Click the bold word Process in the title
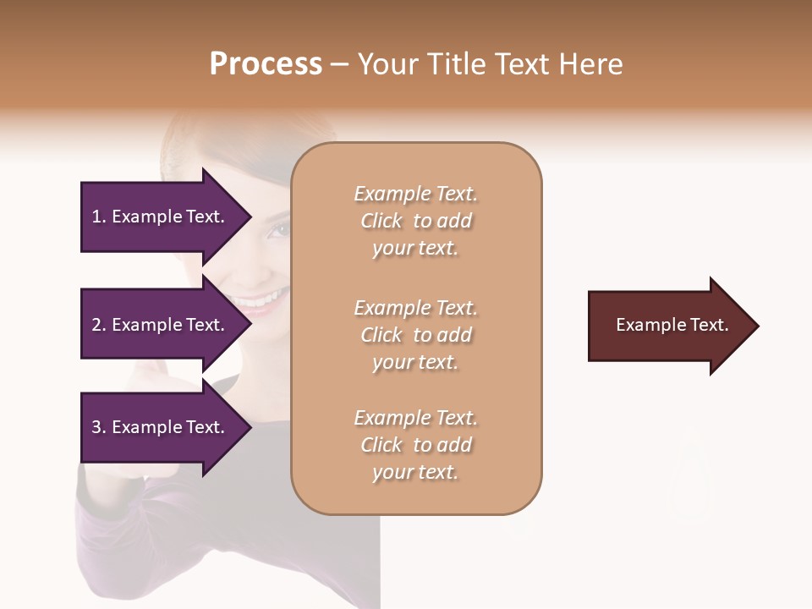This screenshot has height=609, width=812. (x=266, y=64)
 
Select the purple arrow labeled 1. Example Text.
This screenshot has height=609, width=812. (x=161, y=217)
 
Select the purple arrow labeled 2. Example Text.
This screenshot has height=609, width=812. (x=161, y=325)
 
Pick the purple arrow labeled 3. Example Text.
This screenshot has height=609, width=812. (x=161, y=427)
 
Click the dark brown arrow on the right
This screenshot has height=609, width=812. (x=660, y=326)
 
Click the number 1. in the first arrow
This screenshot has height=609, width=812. (x=99, y=217)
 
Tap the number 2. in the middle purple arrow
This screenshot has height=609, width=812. (x=99, y=325)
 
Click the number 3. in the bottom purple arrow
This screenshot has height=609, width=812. (x=99, y=427)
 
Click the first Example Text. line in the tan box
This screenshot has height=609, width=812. (x=415, y=194)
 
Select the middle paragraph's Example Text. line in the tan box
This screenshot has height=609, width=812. (x=415, y=308)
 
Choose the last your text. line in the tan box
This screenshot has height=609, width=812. (x=415, y=472)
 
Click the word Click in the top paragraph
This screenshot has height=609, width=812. (x=381, y=221)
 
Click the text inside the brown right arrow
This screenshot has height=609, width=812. (x=672, y=325)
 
